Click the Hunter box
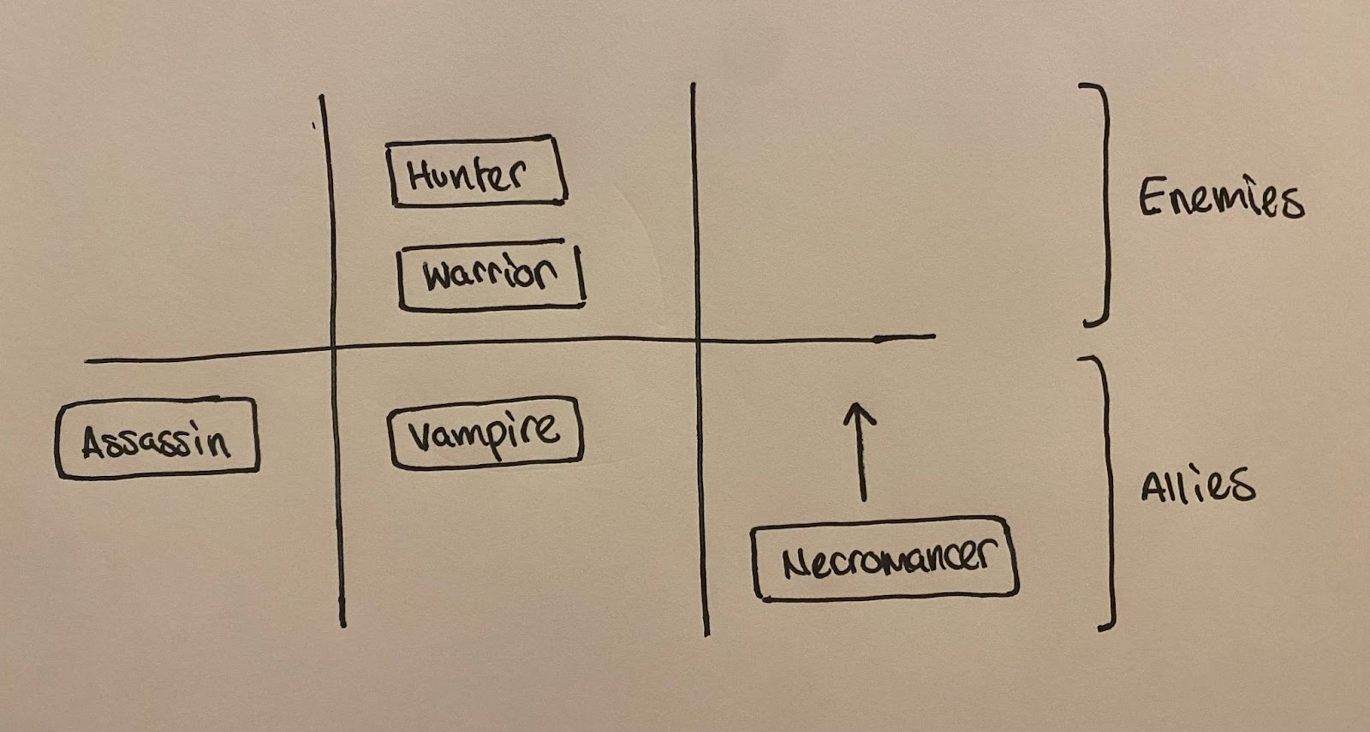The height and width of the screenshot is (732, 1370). click(x=477, y=171)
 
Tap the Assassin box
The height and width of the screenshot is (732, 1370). click(x=158, y=437)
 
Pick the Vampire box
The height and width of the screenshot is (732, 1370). click(x=485, y=431)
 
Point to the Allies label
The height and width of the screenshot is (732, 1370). click(x=1197, y=485)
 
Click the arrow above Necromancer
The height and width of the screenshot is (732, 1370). click(x=861, y=454)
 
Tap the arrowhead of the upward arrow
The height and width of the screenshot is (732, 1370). click(x=861, y=413)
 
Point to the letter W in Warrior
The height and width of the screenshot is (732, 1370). click(x=438, y=276)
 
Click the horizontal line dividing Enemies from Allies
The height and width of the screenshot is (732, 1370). click(x=514, y=346)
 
